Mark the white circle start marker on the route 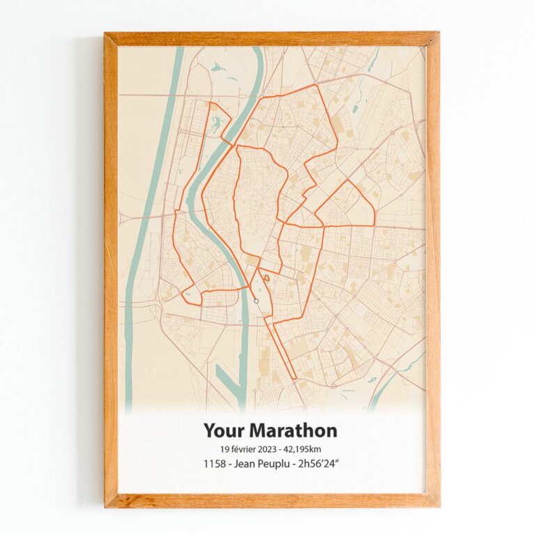(256, 301)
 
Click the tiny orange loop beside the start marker (267, 277)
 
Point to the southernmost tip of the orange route (295, 380)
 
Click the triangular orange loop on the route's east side (347, 203)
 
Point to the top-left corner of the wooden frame (106, 33)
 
